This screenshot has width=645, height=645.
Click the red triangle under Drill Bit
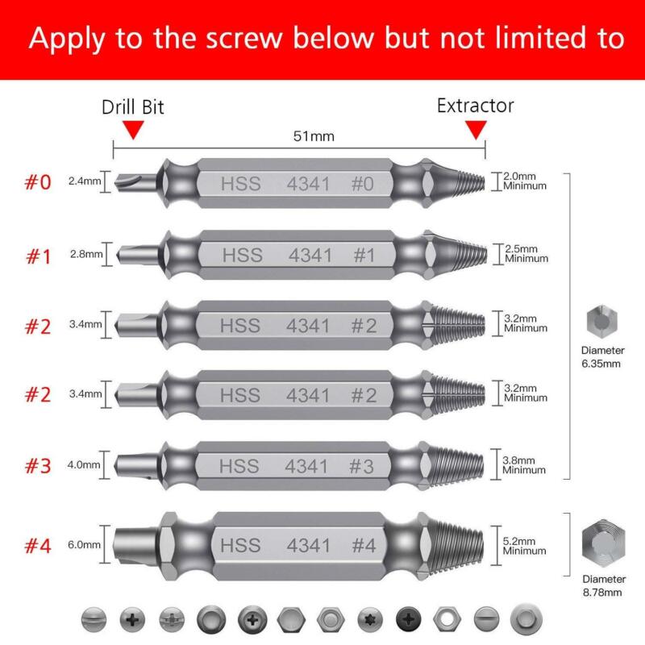134,130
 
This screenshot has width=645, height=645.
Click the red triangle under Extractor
476,130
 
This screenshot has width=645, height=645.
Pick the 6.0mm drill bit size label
84,544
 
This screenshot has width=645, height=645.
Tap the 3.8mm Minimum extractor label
525,464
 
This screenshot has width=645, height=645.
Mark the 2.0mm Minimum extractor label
525,181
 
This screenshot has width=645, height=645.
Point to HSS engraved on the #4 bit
239,545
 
